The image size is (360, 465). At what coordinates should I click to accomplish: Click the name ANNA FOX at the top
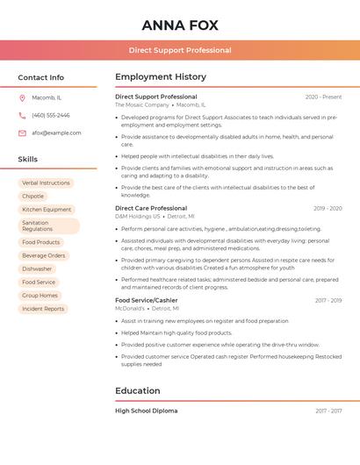pyautogui.click(x=179, y=25)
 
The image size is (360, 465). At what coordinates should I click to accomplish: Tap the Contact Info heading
pyautogui.click(x=41, y=77)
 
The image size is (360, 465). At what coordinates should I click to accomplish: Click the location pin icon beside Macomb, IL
pyautogui.click(x=22, y=97)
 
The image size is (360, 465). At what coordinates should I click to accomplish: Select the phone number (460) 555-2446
pyautogui.click(x=51, y=115)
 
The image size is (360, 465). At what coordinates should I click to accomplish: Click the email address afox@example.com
pyautogui.click(x=56, y=132)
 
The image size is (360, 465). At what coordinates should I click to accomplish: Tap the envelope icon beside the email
pyautogui.click(x=22, y=132)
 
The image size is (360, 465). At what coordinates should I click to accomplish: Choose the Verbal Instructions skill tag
pyautogui.click(x=46, y=183)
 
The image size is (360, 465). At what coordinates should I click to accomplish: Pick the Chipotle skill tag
pyautogui.click(x=33, y=197)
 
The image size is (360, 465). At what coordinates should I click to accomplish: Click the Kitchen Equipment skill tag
pyautogui.click(x=47, y=210)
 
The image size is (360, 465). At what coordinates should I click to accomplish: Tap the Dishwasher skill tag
pyautogui.click(x=37, y=268)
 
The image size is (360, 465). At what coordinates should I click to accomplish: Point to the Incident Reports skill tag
pyautogui.click(x=43, y=309)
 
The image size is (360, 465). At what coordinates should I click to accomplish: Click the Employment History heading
pyautogui.click(x=161, y=77)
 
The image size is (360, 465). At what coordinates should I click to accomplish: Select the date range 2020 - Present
pyautogui.click(x=323, y=97)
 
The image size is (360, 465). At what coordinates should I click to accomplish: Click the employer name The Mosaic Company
pyautogui.click(x=141, y=104)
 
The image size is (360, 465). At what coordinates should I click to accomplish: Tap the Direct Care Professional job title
pyautogui.click(x=151, y=208)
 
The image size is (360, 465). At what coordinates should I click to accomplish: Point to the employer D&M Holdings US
pyautogui.click(x=138, y=216)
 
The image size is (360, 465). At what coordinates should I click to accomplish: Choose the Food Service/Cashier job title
pyautogui.click(x=146, y=300)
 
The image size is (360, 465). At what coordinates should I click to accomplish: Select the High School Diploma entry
pyautogui.click(x=146, y=411)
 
